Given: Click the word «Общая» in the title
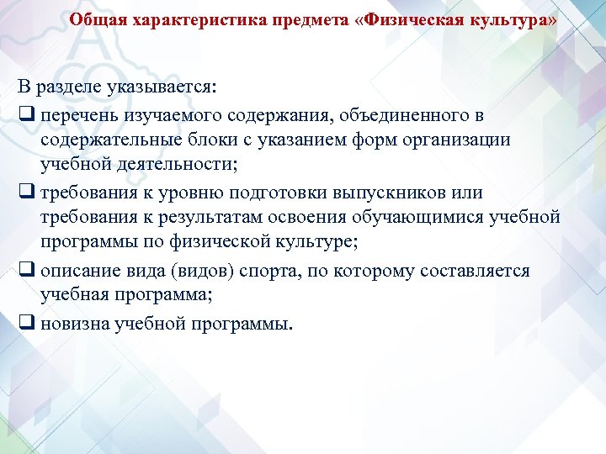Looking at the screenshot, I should coord(95,18).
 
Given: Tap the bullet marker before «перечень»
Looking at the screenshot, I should coord(25,113).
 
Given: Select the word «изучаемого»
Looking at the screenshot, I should coord(165,113).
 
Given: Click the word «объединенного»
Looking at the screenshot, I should coord(401,113).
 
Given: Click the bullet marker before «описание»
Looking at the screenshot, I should coord(25,271).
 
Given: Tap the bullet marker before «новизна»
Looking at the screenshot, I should coord(25,323).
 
